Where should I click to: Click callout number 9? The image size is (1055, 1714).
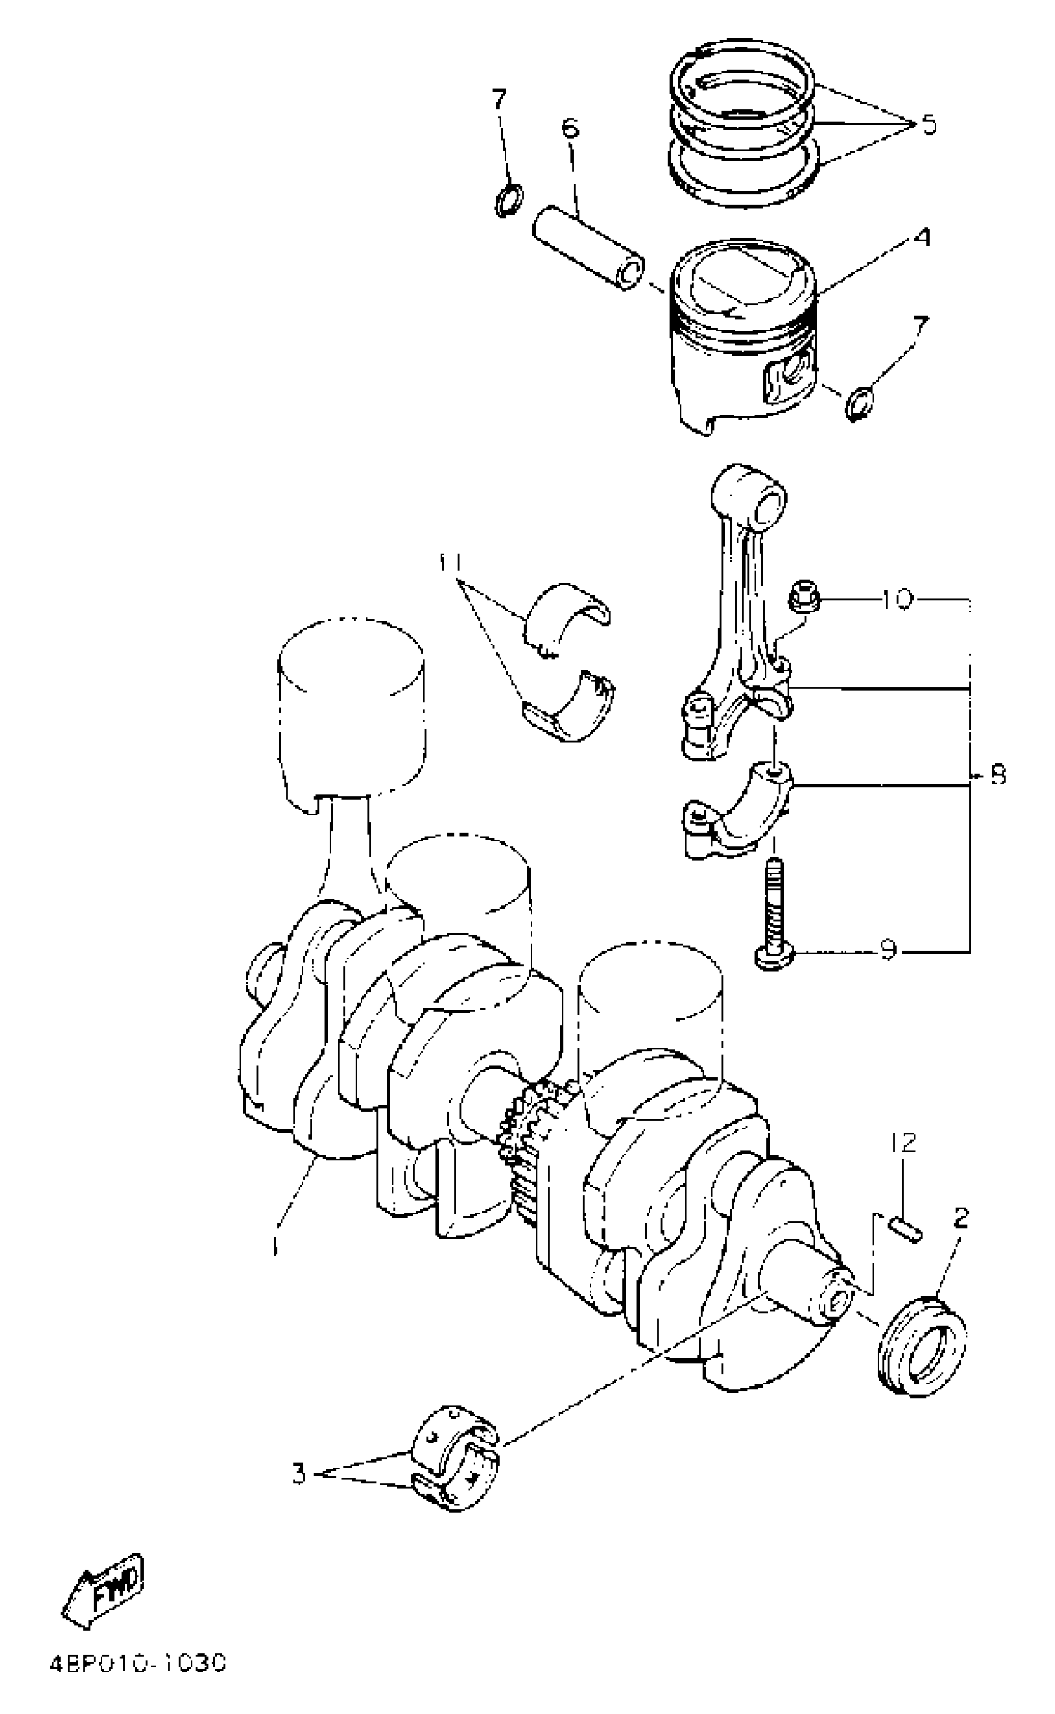tap(887, 950)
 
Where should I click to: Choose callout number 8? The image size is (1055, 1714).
tap(999, 774)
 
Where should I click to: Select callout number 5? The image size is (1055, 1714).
tap(928, 125)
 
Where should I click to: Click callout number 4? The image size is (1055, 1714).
tap(922, 238)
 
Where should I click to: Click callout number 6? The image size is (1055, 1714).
tap(569, 128)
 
